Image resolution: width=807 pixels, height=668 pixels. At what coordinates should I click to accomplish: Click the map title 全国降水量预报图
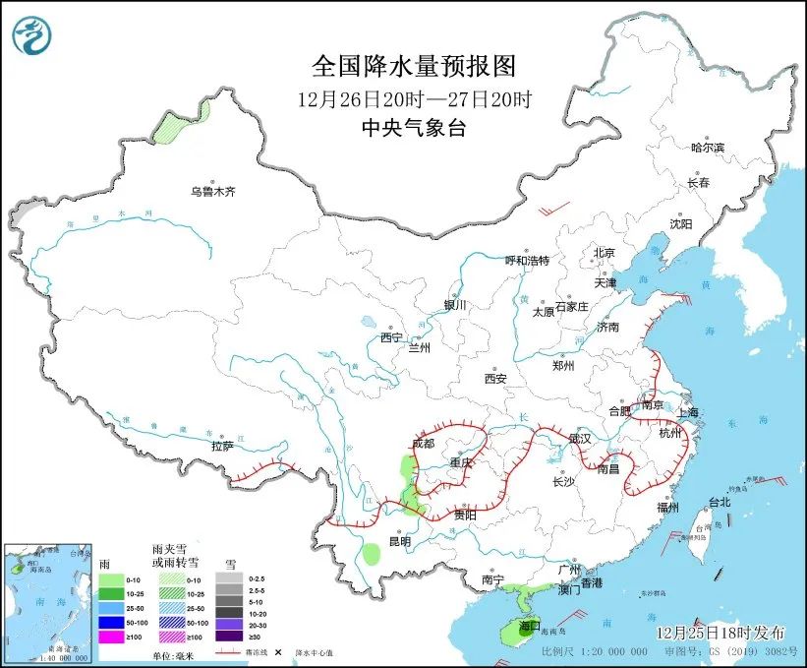pyautogui.click(x=413, y=67)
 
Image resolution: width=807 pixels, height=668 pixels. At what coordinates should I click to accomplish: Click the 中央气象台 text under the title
pyautogui.click(x=413, y=127)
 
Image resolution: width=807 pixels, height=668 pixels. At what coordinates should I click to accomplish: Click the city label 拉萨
pyautogui.click(x=222, y=446)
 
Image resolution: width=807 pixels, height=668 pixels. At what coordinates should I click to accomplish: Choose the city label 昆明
pyautogui.click(x=399, y=542)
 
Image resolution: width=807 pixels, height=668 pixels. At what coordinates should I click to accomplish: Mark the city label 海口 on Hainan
pyautogui.click(x=530, y=626)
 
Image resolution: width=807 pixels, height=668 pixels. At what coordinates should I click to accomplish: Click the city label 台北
pyautogui.click(x=720, y=502)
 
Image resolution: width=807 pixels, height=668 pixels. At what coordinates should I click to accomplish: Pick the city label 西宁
pyautogui.click(x=392, y=337)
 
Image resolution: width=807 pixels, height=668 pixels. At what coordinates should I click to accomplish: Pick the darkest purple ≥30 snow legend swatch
pyautogui.click(x=229, y=638)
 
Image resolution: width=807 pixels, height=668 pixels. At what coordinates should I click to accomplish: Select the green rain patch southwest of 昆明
pyautogui.click(x=372, y=553)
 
